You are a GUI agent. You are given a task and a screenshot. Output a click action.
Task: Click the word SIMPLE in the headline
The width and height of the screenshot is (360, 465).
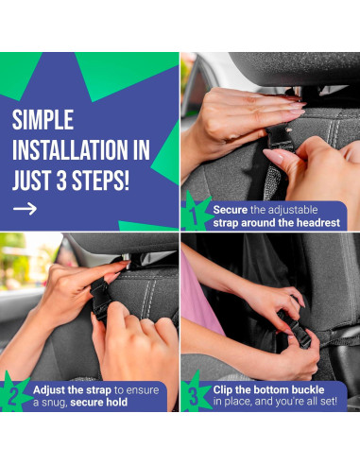pyautogui.click(x=43, y=120)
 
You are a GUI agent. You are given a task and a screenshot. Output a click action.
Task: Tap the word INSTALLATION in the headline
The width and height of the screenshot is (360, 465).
pyautogui.click(x=70, y=150)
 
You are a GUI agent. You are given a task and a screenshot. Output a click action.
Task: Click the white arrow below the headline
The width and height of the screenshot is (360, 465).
pyautogui.click(x=25, y=209)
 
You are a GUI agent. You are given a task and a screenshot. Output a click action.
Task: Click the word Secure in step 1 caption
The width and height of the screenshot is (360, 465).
pyautogui.click(x=231, y=210)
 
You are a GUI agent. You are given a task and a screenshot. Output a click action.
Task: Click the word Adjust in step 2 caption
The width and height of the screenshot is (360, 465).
pyautogui.click(x=49, y=390)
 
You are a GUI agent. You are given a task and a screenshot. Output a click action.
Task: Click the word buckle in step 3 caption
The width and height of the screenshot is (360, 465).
pyautogui.click(x=308, y=389)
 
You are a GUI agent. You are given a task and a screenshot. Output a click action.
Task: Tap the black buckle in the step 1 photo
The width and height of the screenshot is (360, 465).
pyautogui.click(x=281, y=138)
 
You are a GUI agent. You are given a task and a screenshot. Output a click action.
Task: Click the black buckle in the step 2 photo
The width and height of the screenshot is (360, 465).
pyautogui.click(x=100, y=300)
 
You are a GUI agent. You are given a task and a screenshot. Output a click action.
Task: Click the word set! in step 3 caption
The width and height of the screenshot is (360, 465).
pyautogui.click(x=328, y=402)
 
